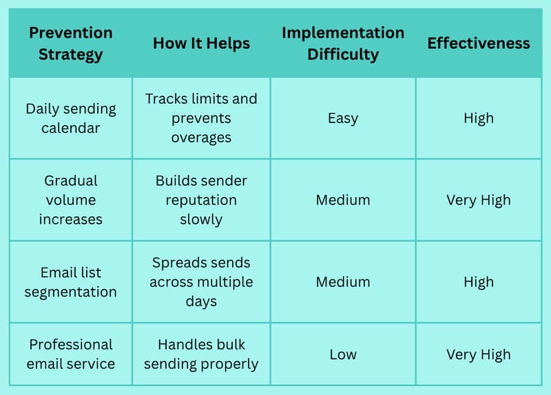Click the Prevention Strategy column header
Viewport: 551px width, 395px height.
(71, 43)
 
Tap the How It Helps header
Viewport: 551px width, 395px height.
(201, 43)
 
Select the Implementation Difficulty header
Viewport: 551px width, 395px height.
(343, 43)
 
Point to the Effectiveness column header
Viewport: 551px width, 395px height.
(479, 43)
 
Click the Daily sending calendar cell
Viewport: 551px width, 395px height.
(71, 118)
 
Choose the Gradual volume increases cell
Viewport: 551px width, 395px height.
(71, 200)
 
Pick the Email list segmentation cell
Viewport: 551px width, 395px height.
(71, 282)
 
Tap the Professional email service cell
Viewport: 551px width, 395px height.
(71, 354)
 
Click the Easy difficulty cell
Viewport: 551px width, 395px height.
(343, 118)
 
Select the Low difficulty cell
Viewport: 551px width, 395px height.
(343, 354)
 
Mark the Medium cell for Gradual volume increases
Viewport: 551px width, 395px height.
(343, 200)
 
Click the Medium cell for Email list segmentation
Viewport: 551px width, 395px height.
(343, 282)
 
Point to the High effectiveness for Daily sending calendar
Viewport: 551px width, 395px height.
(479, 118)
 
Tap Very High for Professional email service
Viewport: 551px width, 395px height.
(479, 355)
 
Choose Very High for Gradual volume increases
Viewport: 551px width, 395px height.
(479, 200)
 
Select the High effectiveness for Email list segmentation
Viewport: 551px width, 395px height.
(479, 282)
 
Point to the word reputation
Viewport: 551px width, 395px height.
(201, 200)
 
